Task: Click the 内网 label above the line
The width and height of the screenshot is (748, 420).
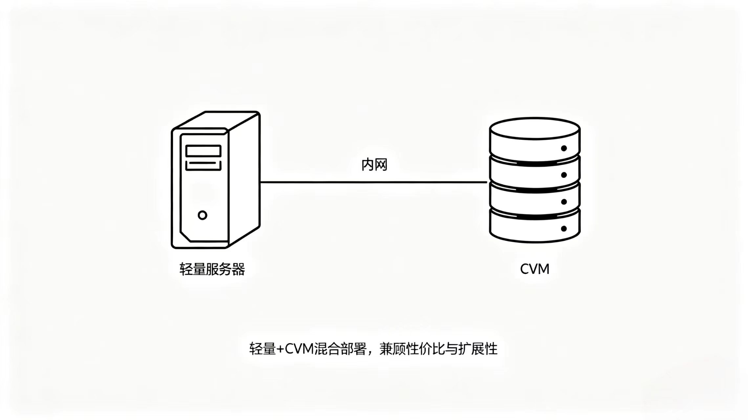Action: [374, 165]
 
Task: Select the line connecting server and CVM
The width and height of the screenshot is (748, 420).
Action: [374, 182]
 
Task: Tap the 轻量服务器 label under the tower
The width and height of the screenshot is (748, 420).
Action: [212, 269]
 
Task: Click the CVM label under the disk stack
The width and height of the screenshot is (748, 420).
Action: [535, 269]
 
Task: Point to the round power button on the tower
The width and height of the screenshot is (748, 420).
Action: [203, 215]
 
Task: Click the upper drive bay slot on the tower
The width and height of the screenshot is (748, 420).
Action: [203, 151]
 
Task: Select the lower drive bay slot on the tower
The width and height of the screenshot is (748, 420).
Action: [203, 165]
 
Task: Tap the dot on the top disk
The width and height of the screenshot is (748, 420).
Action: [564, 148]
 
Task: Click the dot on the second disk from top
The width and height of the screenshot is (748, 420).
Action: [564, 175]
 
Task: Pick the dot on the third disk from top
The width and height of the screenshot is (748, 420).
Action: [564, 202]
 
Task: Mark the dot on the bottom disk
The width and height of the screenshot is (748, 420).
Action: [564, 228]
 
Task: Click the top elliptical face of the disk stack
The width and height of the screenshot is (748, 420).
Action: [535, 129]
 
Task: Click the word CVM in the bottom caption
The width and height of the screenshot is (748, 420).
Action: [299, 349]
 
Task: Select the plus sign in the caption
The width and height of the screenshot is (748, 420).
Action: [280, 349]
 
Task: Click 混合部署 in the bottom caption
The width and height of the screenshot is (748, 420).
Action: [340, 349]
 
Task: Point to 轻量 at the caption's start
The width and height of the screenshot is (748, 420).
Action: [263, 349]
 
